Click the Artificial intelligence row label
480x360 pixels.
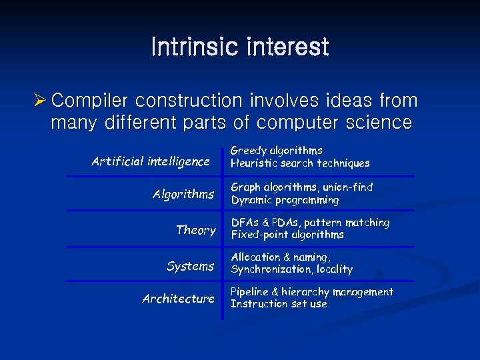coord(150,161)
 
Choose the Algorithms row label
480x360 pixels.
coord(183,194)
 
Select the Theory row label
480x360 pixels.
coord(195,230)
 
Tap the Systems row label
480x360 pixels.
coord(190,266)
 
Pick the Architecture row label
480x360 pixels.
coord(178,299)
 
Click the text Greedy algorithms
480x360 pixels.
coord(276,151)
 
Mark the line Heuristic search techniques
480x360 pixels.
coord(299,163)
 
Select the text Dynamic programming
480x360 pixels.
coord(285,200)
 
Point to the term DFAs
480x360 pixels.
coord(245,223)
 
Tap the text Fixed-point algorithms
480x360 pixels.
coord(287,235)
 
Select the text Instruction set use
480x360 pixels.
coord(279,304)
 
